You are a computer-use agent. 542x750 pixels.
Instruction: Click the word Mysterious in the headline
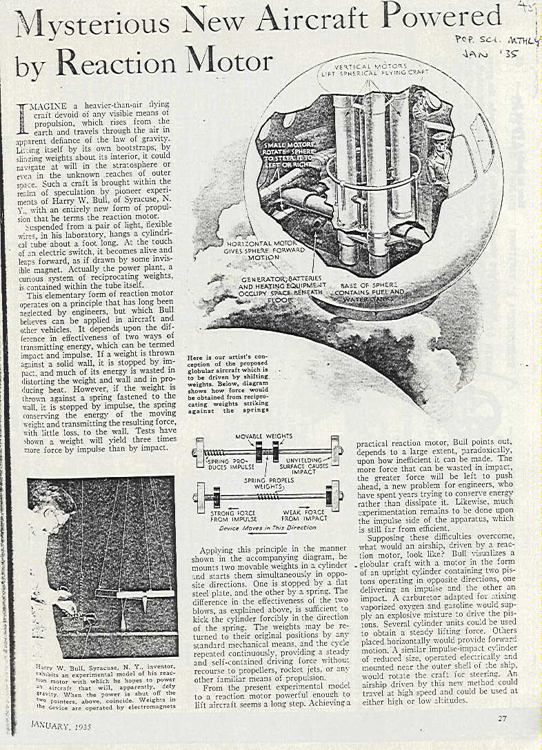[x=92, y=25]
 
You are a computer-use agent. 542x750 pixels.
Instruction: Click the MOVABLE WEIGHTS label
[x=263, y=436]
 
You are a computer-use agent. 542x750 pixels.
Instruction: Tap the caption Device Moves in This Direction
[x=267, y=528]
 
